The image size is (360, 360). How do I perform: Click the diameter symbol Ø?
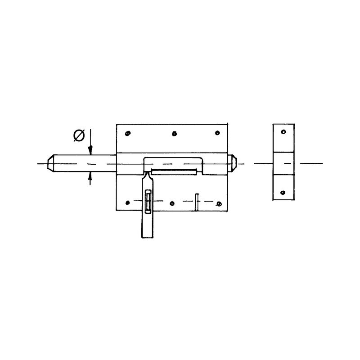pyautogui.click(x=79, y=135)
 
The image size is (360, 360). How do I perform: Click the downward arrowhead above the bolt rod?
pyautogui.click(x=91, y=150)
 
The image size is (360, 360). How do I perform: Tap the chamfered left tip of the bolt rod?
pyautogui.click(x=50, y=163)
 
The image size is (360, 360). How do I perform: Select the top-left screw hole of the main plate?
pyautogui.click(x=128, y=133)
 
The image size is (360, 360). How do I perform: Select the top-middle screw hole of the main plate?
pyautogui.click(x=175, y=133)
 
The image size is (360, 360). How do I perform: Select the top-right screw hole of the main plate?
pyautogui.click(x=217, y=133)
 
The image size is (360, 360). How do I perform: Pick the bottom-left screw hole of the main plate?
pyautogui.click(x=128, y=202)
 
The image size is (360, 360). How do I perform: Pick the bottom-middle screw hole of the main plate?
pyautogui.click(x=172, y=203)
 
